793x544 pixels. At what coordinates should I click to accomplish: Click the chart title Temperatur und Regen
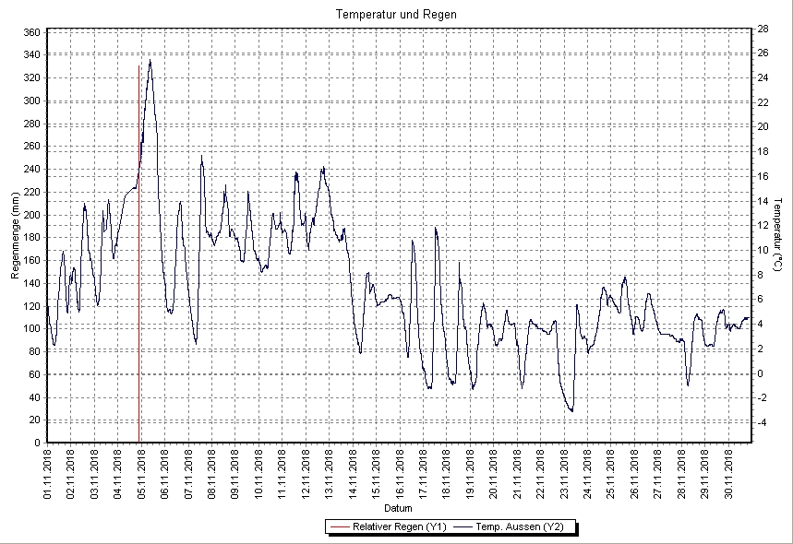(x=396, y=15)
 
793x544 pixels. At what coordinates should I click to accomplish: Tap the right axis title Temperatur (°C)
(x=778, y=237)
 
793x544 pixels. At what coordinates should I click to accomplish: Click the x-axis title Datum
(x=398, y=508)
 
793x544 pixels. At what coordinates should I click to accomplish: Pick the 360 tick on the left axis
(x=30, y=32)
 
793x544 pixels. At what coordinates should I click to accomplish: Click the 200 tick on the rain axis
(x=30, y=215)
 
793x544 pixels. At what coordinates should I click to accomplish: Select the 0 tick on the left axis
(x=35, y=443)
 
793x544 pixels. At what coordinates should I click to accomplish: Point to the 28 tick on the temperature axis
(x=763, y=29)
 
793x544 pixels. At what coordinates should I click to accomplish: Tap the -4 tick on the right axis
(x=762, y=423)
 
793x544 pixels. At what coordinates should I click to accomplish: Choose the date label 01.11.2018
(x=48, y=474)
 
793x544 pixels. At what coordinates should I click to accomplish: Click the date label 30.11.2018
(x=730, y=474)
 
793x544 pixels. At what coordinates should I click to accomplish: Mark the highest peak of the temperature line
(x=150, y=61)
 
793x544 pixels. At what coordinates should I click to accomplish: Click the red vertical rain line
(x=139, y=277)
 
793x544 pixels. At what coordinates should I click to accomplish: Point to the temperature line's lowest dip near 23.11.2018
(x=572, y=410)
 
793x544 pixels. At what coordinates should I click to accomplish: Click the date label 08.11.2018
(x=212, y=474)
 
